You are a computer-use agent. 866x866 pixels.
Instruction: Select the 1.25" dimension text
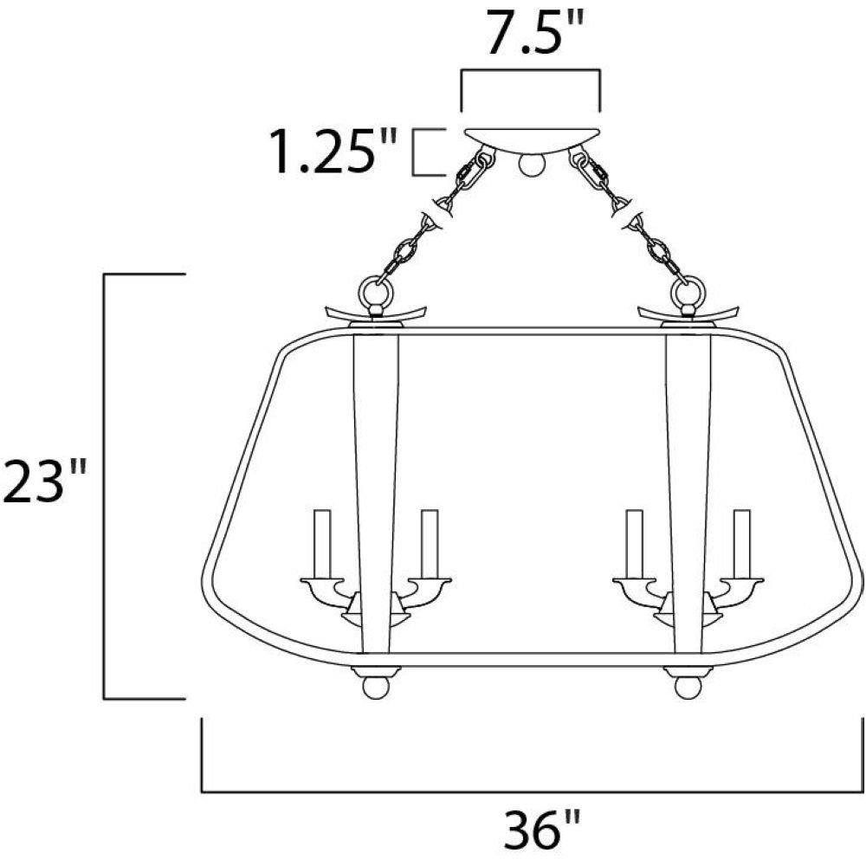pos(333,151)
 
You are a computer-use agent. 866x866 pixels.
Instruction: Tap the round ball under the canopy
pos(531,164)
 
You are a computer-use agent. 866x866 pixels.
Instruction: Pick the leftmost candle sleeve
pos(322,545)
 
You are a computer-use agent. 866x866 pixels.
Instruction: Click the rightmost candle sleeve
pos(742,545)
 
